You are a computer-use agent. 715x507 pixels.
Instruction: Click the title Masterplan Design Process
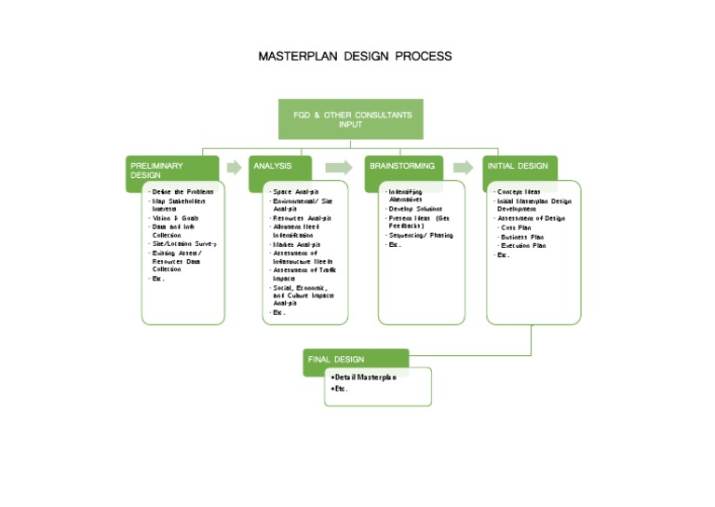[x=355, y=57]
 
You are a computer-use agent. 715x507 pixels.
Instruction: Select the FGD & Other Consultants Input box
[x=351, y=120]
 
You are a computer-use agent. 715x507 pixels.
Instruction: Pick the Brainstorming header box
[x=403, y=167]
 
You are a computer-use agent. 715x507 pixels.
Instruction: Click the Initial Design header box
[x=519, y=167]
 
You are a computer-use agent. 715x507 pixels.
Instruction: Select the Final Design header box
[x=357, y=359]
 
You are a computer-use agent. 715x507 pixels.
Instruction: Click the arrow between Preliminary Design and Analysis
[x=233, y=168]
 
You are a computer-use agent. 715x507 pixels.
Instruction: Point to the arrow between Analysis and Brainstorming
[x=340, y=168]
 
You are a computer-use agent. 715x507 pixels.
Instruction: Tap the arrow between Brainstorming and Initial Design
[x=463, y=168]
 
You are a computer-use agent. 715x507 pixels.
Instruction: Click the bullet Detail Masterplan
[x=366, y=377]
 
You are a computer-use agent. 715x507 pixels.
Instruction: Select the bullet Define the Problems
[x=181, y=191]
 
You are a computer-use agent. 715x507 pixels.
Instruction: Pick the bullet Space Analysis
[x=296, y=191]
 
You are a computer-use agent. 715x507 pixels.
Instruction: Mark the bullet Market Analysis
[x=296, y=244]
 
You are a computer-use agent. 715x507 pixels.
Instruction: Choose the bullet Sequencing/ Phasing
[x=421, y=235]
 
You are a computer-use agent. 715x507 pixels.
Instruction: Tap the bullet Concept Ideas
[x=519, y=191]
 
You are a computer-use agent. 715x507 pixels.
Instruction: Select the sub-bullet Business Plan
[x=522, y=237]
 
